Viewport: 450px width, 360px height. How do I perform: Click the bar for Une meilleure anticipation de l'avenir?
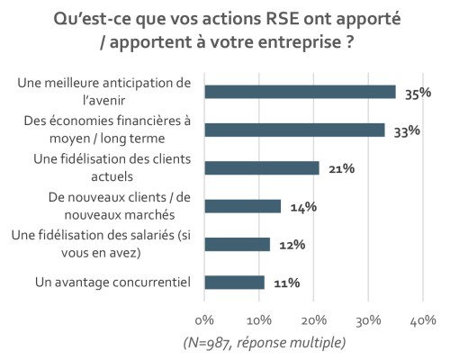pyautogui.click(x=300, y=91)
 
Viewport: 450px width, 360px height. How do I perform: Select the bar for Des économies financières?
pyautogui.click(x=294, y=130)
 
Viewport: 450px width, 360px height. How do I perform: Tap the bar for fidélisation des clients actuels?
pyautogui.click(x=262, y=167)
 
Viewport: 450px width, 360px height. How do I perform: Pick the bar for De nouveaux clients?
pyautogui.click(x=243, y=206)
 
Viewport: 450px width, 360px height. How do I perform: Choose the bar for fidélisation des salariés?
pyautogui.click(x=238, y=244)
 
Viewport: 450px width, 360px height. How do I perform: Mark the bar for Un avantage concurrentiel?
pyautogui.click(x=235, y=283)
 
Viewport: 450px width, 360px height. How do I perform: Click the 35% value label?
pyautogui.click(x=414, y=92)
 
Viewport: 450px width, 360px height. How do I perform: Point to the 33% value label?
pyautogui.click(x=409, y=130)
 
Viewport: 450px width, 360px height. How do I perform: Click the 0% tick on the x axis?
pyautogui.click(x=205, y=320)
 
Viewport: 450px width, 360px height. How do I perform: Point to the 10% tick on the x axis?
pyautogui.click(x=259, y=320)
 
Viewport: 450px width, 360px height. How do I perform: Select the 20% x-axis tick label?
pyautogui.click(x=314, y=320)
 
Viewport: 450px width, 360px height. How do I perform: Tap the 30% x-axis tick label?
pyautogui.click(x=369, y=320)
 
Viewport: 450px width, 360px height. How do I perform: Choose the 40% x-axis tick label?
pyautogui.click(x=423, y=320)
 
